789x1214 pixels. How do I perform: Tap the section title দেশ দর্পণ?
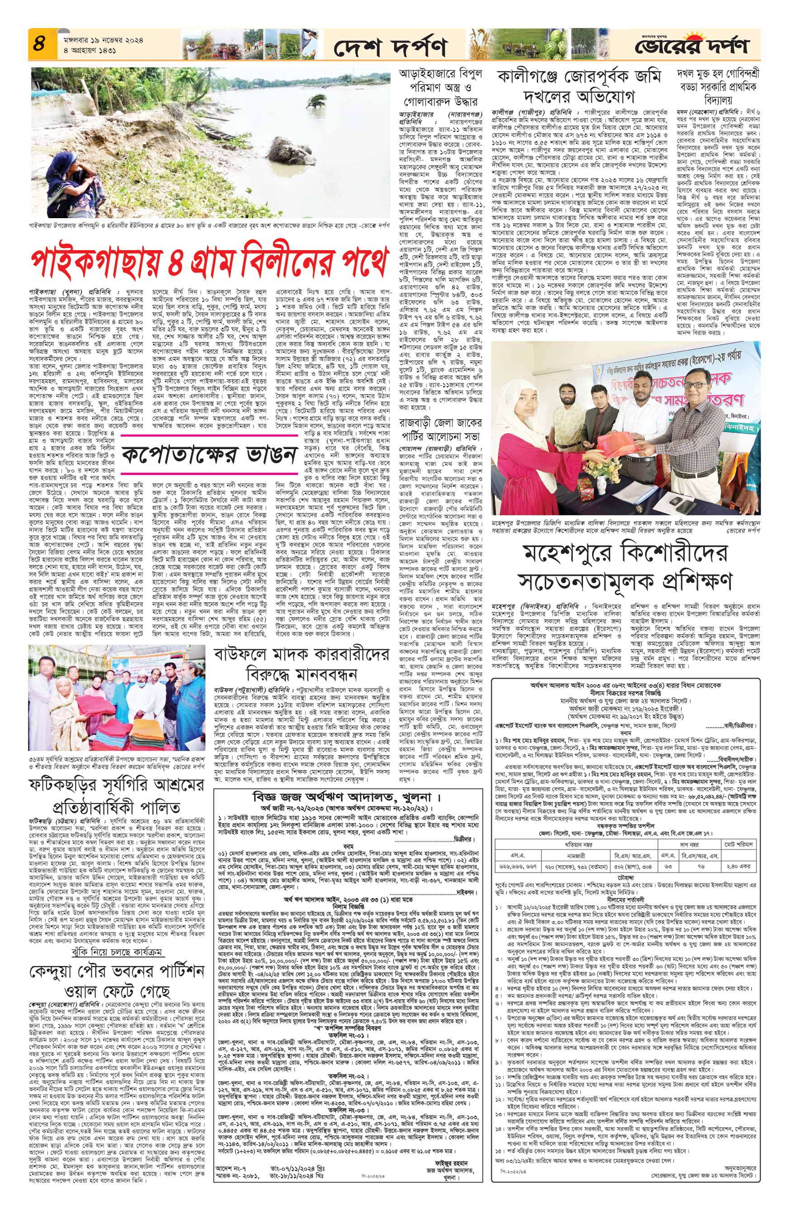(390, 47)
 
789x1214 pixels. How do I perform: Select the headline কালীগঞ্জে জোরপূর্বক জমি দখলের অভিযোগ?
(578, 86)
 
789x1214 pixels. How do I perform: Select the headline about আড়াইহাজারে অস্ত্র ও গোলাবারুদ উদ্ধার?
(440, 87)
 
